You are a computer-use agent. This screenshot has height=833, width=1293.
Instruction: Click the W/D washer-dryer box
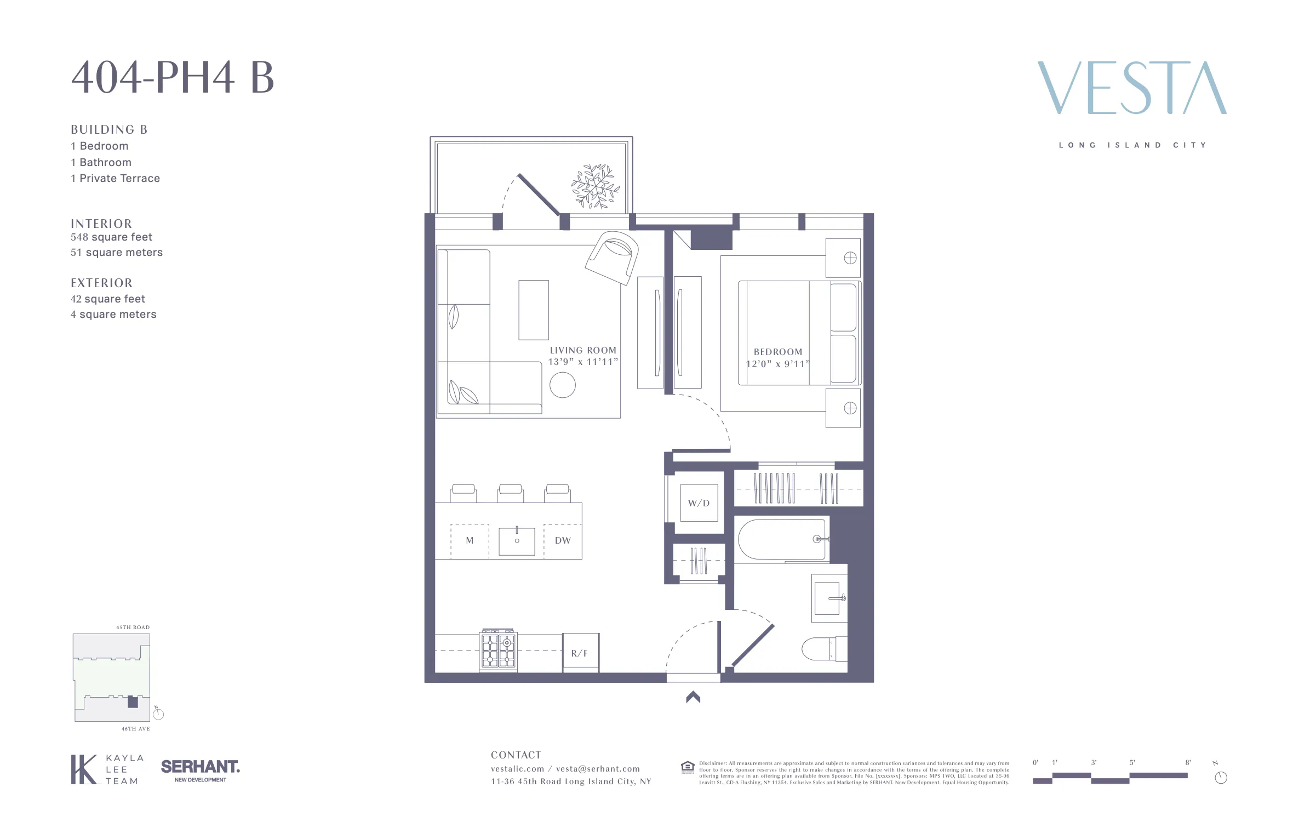click(x=699, y=503)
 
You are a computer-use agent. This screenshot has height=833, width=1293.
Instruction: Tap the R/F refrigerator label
click(x=579, y=653)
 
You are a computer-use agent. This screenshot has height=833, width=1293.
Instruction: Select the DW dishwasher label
click(x=563, y=540)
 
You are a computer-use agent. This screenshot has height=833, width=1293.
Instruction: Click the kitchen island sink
click(x=517, y=541)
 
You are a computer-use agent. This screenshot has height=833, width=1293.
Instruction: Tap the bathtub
click(x=782, y=539)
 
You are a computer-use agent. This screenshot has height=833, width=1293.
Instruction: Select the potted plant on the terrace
click(x=595, y=186)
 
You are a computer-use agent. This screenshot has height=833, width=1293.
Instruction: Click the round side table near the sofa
click(x=563, y=385)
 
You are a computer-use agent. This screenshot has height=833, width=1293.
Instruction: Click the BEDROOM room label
click(x=778, y=352)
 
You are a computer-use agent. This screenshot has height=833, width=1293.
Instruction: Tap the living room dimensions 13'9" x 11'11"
click(x=583, y=362)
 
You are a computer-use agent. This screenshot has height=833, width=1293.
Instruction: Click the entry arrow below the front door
click(x=693, y=697)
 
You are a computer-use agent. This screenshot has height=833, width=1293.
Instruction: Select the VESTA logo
click(x=1132, y=88)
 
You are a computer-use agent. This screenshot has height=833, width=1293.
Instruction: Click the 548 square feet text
click(x=111, y=237)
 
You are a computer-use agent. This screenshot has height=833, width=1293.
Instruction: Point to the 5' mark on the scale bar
click(x=1132, y=763)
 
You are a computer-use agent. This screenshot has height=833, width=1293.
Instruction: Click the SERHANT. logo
click(x=200, y=767)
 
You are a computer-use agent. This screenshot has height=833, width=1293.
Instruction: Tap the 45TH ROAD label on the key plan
click(x=133, y=627)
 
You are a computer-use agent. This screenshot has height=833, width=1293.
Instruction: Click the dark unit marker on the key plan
click(x=133, y=702)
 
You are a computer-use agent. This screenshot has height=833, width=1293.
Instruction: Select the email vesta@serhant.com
click(x=598, y=769)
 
